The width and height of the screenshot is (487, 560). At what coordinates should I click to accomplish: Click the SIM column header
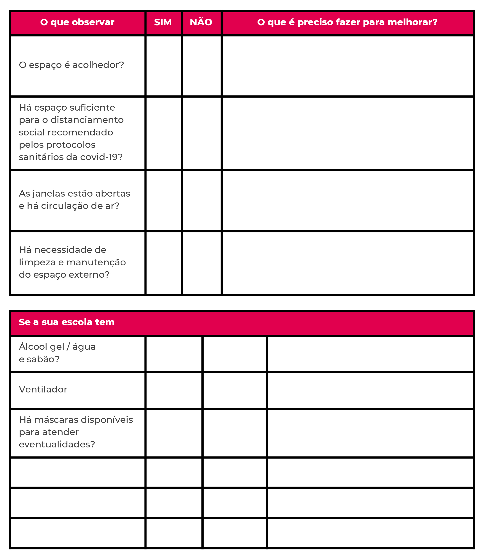click(x=163, y=22)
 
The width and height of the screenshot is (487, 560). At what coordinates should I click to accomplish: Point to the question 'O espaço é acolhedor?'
click(x=71, y=65)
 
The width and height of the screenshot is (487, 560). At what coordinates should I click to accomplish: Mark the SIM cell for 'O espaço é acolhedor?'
click(x=163, y=66)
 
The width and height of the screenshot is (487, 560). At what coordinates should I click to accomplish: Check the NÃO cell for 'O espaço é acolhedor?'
click(x=201, y=66)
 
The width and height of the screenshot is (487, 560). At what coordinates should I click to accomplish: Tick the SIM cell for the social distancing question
click(x=163, y=133)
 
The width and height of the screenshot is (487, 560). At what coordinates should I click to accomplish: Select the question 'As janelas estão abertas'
click(x=74, y=194)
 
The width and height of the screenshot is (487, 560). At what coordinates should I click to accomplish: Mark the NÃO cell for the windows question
click(x=201, y=201)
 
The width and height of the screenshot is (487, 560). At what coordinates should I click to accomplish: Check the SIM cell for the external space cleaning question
click(x=163, y=263)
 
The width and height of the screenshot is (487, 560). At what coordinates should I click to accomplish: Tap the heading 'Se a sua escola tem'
click(x=67, y=322)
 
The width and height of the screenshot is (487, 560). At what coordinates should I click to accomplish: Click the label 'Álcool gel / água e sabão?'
click(x=57, y=353)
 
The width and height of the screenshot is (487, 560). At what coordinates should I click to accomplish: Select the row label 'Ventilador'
click(x=43, y=389)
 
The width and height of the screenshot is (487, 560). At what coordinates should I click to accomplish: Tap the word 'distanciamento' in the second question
click(x=87, y=120)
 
